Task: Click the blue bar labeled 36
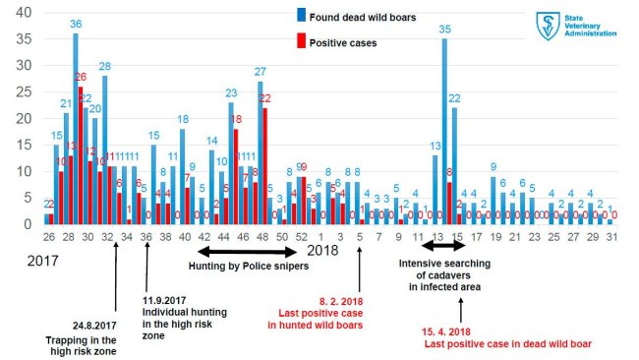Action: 75,128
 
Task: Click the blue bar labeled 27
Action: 261,152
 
